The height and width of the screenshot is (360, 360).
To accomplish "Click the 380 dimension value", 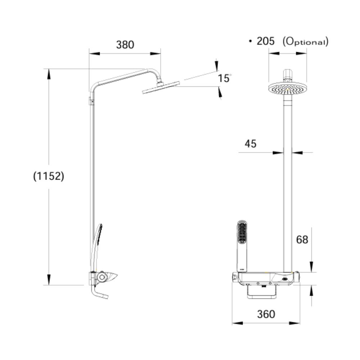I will pyautogui.click(x=125, y=45).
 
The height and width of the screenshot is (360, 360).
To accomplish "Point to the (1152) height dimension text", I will pyautogui.click(x=49, y=176).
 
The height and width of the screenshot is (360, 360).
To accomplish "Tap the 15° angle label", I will pyautogui.click(x=224, y=78).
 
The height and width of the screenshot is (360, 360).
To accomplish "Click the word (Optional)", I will pyautogui.click(x=306, y=41).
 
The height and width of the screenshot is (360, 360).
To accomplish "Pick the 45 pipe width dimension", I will pyautogui.click(x=251, y=144).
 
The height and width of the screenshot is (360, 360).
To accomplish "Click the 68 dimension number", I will pyautogui.click(x=302, y=239).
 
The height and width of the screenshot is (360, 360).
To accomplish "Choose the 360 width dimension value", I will pyautogui.click(x=266, y=314).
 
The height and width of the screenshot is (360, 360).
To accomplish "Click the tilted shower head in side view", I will pyautogui.click(x=161, y=87).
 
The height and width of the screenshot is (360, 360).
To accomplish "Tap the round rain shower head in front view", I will pyautogui.click(x=287, y=88).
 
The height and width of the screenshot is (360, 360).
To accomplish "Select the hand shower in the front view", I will pyautogui.click(x=242, y=245).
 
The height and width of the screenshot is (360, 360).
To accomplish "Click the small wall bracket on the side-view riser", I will pyautogui.click(x=91, y=102).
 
